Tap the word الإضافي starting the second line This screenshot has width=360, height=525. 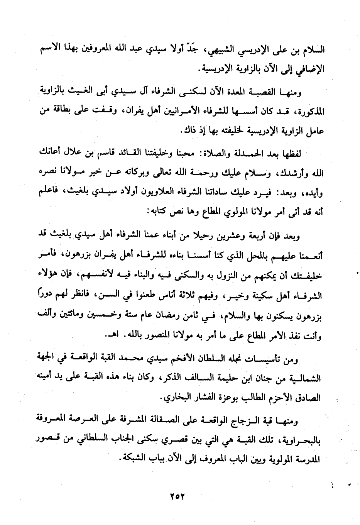[x=309, y=70]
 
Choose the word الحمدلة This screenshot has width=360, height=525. [x=240, y=154]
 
